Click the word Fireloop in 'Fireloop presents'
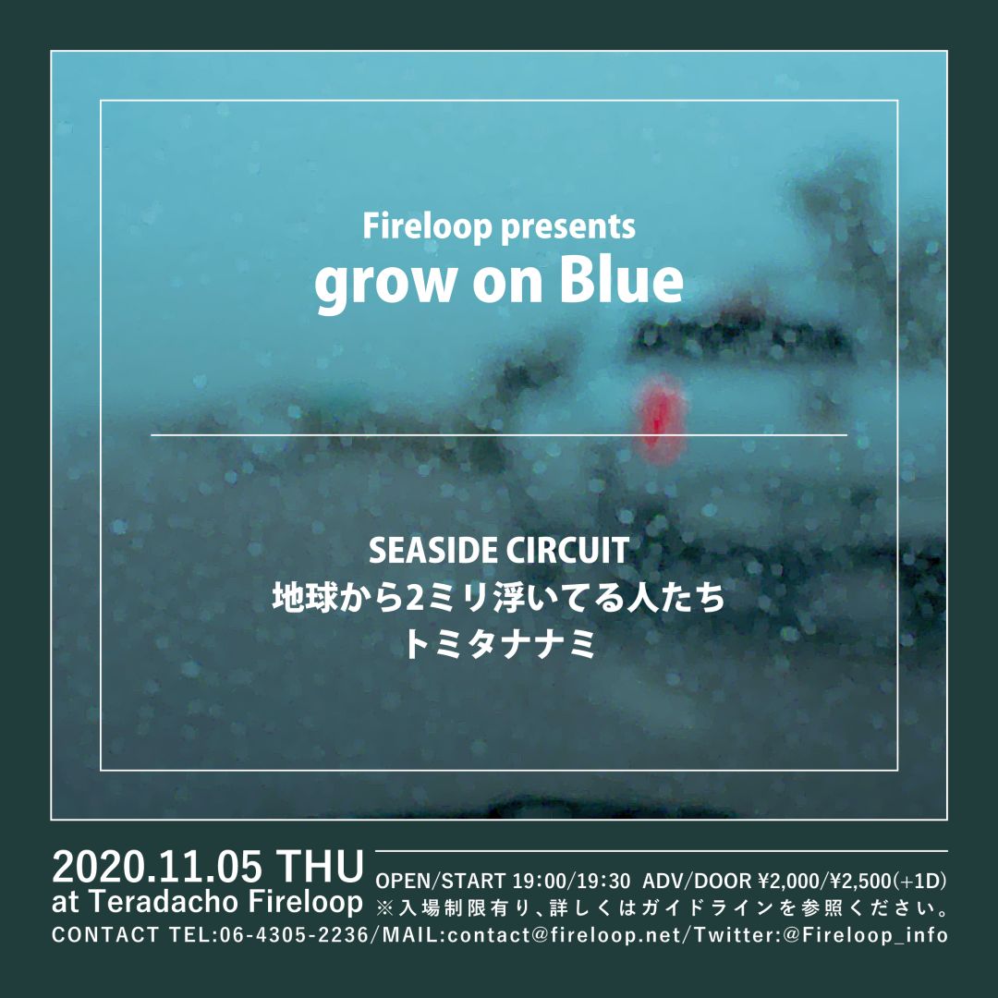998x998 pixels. coord(428,226)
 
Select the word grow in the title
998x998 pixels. coord(383,286)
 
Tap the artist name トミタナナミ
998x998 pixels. coord(499,644)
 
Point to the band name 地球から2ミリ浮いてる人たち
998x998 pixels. coord(499,598)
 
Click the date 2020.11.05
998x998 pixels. coord(156,867)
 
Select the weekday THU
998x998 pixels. coord(322,867)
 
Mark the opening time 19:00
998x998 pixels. coord(542,881)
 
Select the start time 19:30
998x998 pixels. coord(604,881)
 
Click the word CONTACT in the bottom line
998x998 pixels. coord(105,935)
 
